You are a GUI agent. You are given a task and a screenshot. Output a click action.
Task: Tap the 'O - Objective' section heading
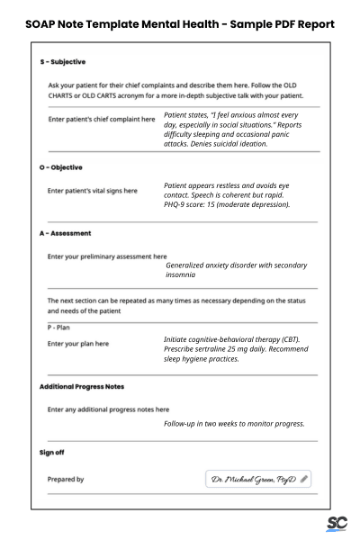[60, 167]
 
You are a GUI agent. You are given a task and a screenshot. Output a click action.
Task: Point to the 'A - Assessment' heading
[65, 232]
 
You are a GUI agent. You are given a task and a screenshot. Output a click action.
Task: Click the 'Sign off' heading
[51, 452]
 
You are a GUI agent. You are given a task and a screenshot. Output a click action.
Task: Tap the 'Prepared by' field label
[66, 480]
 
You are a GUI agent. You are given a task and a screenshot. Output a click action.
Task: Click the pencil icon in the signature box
[304, 480]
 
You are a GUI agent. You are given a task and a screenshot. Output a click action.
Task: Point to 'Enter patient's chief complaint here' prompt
[101, 119]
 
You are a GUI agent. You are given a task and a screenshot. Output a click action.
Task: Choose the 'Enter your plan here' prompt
[77, 343]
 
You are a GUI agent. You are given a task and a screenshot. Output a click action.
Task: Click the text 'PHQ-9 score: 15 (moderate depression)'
[226, 204]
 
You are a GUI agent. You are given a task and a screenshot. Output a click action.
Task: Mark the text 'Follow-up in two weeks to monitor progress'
[234, 423]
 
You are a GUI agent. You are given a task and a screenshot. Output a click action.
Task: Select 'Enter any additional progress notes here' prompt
[108, 409]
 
